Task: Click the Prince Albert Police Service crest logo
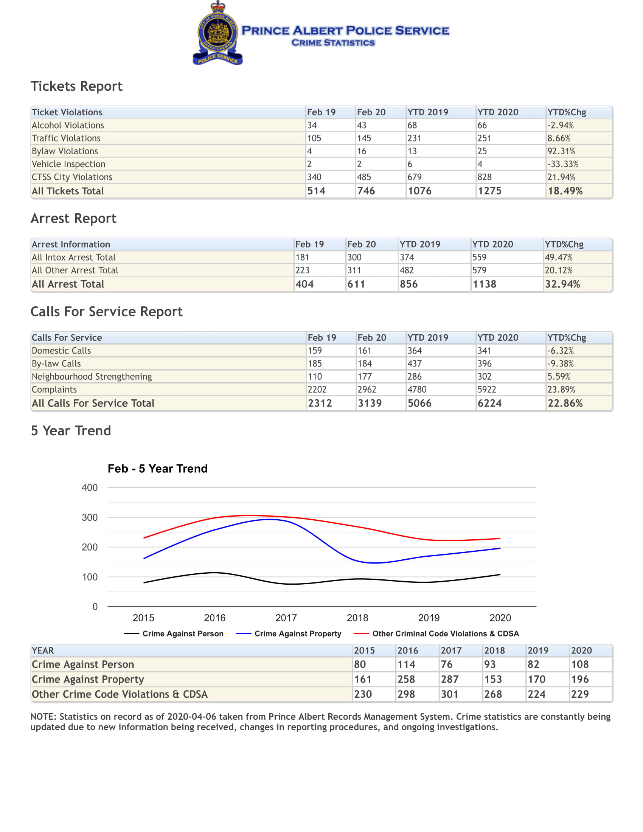(217, 33)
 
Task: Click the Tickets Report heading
(76, 87)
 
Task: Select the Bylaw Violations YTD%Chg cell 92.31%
(561, 151)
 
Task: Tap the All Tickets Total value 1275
(489, 191)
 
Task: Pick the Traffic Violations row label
(66, 138)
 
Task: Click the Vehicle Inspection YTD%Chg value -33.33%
(563, 164)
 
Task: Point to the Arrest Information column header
(71, 244)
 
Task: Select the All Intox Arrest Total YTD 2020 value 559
(479, 257)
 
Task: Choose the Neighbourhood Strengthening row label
(92, 376)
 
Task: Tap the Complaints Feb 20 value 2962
(367, 389)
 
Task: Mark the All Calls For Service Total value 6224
(489, 403)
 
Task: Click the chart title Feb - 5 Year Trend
(158, 469)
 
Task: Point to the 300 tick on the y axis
(90, 517)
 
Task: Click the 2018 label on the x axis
(357, 618)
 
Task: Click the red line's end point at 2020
(500, 538)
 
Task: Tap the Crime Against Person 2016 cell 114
(406, 664)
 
